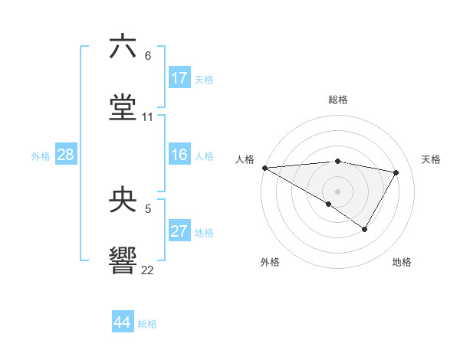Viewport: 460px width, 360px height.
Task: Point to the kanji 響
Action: coord(123,260)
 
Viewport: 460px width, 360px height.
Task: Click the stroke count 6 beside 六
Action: coord(148,56)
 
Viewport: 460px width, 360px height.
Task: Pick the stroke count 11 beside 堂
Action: coord(148,117)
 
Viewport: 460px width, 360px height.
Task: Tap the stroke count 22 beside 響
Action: coord(148,270)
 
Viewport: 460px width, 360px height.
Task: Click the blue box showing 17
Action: coord(179,78)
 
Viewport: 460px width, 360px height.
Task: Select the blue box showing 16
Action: coord(179,155)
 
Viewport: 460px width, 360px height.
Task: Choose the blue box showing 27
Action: coord(179,231)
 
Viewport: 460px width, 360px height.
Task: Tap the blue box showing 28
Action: coord(66,155)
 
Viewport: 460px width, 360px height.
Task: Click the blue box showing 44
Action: coord(123,322)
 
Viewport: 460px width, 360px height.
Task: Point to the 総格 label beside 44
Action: coord(147,324)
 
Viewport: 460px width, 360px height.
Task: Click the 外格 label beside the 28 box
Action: coord(41,156)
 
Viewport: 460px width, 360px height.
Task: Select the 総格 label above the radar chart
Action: coord(338,100)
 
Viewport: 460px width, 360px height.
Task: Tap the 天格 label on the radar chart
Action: coord(432,159)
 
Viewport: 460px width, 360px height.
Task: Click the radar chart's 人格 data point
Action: coord(264,168)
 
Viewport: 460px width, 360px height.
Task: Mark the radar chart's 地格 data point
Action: coord(365,229)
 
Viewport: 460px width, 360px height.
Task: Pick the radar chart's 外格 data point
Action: coord(329,204)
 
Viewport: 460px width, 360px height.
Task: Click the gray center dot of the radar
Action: coord(337,191)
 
